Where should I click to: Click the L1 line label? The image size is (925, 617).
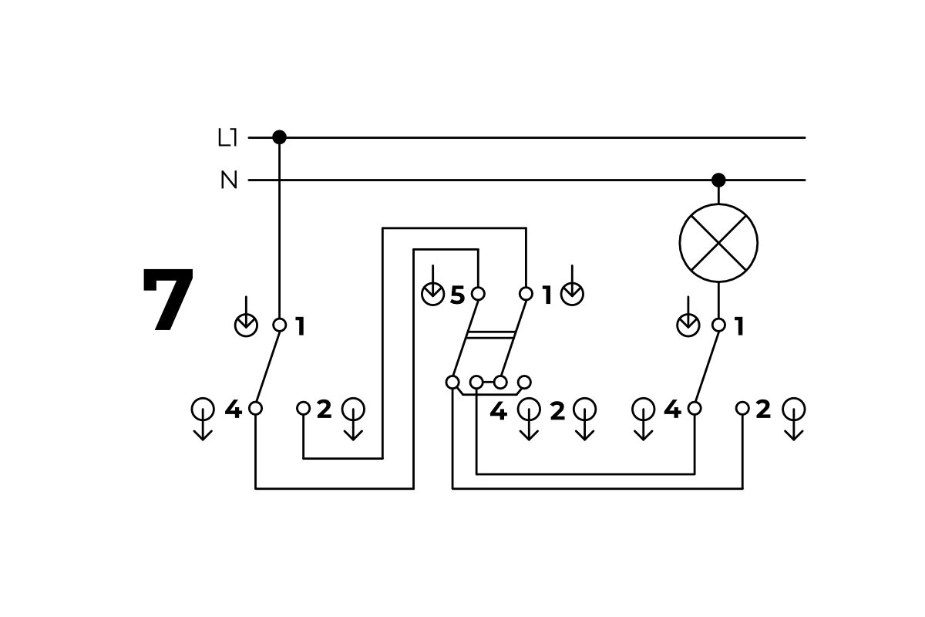228,139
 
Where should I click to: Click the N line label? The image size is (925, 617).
229,180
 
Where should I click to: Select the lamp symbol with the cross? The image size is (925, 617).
718,242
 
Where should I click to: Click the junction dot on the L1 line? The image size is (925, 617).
279,137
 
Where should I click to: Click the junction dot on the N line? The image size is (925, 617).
718,180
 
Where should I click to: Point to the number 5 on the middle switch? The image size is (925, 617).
457,295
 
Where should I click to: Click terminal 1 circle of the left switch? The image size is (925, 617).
279,325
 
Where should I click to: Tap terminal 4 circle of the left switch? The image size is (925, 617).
255,408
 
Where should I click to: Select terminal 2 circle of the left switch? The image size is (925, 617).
303,408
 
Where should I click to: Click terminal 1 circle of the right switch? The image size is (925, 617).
718,325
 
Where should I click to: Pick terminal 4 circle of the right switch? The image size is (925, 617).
695,408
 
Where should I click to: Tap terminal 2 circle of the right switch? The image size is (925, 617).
742,408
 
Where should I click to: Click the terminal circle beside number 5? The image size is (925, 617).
478,294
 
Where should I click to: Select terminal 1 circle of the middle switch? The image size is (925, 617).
526,294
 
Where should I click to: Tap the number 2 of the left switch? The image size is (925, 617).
324,410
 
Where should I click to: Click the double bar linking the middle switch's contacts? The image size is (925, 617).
490,335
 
